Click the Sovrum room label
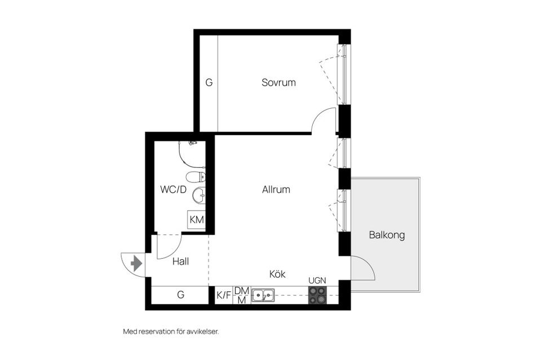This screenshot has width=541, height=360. tap(278, 83)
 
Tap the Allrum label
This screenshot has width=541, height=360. tap(276, 189)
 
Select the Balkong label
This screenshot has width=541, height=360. tap(387, 235)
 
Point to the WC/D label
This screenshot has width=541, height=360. tap(173, 189)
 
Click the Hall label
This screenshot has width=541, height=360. tap(180, 261)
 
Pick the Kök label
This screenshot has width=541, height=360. tap(277, 274)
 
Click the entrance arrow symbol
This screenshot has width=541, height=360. tap(136, 264)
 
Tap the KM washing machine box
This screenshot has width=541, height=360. tap(197, 219)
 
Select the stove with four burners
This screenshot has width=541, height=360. tap(317, 296)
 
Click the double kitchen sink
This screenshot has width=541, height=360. tap(263, 296)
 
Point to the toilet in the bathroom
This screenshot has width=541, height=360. tap(196, 177)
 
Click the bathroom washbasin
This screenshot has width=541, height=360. tap(199, 195)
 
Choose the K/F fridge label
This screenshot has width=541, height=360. tap(224, 295)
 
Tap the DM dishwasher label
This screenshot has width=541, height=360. tap(242, 291)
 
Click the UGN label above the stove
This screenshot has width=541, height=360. tap(317, 281)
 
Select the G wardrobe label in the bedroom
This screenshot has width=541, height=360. tap(209, 83)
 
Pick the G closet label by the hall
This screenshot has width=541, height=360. tap(180, 295)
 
